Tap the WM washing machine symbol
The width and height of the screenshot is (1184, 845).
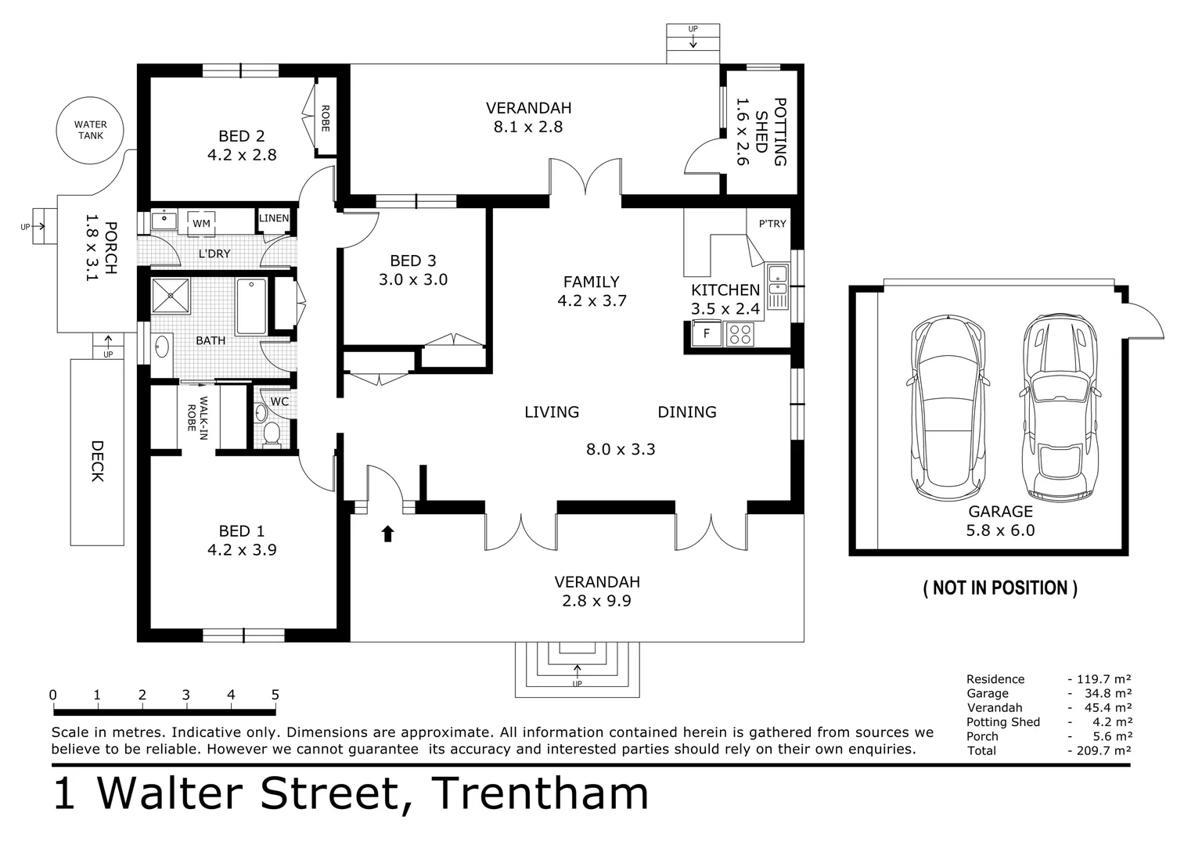pos(201,224)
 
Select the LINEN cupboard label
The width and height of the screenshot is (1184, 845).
pos(274,218)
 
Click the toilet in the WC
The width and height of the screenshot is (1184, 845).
pos(272,433)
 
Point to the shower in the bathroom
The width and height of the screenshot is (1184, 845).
pos(171,296)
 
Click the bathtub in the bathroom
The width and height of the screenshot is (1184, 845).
pos(251,307)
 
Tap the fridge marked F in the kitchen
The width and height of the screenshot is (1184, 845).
pos(706,333)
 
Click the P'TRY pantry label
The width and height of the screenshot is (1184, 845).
pos(772,224)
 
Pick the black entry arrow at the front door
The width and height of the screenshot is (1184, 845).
pos(388,534)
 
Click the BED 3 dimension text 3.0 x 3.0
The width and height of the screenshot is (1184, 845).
pos(413,279)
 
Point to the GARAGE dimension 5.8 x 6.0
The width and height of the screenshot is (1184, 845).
pos(1000,530)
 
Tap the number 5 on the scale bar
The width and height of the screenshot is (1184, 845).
pos(275,695)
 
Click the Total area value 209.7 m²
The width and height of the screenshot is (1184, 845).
pos(1099,750)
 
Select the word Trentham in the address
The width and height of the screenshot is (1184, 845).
pos(540,793)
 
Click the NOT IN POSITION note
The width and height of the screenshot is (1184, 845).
pos(1000,588)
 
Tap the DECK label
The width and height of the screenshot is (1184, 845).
pos(97,461)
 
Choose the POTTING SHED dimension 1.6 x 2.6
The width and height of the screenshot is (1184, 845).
pos(743,131)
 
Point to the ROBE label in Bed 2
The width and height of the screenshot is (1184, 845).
pos(325,118)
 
